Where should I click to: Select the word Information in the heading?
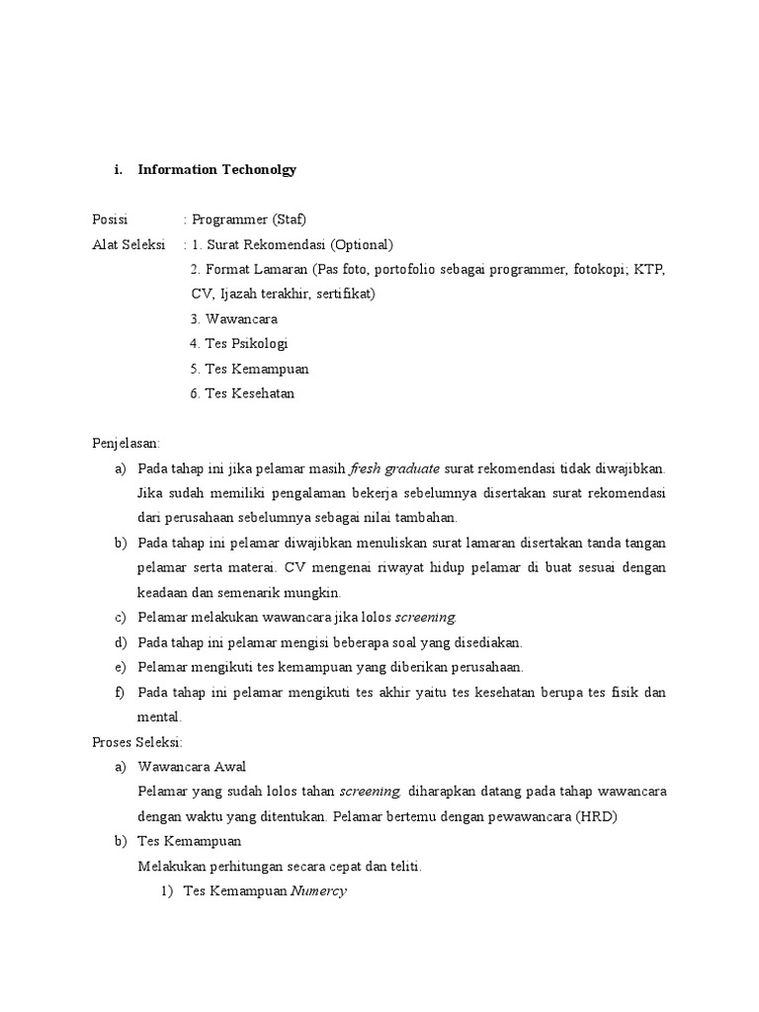point(176,169)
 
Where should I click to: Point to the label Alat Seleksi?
point(126,244)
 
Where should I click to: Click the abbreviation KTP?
point(650,269)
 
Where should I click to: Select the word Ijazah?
point(238,294)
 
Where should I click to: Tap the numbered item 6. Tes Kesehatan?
point(242,393)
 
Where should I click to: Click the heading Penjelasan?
point(126,444)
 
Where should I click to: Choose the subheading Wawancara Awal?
point(193,767)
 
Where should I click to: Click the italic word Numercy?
point(318,891)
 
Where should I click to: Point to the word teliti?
point(401,867)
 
